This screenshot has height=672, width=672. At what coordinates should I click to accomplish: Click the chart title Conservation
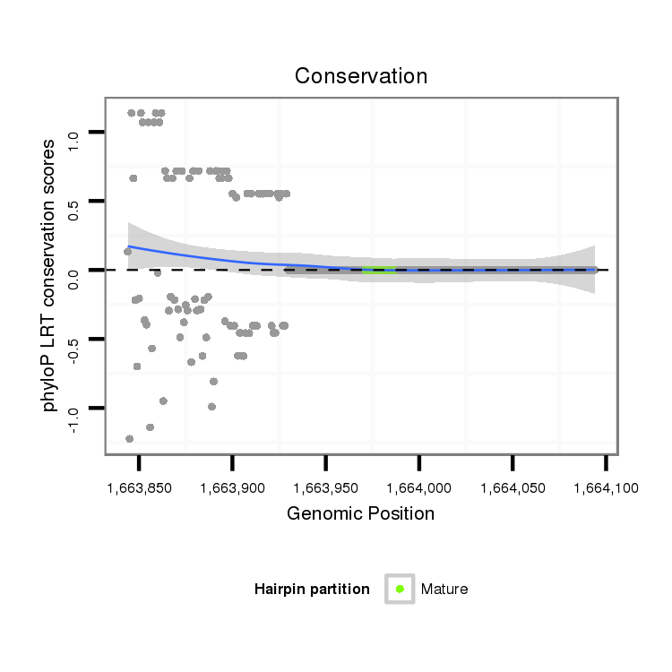click(x=360, y=76)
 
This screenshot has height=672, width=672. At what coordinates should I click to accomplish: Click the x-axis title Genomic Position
click(x=360, y=513)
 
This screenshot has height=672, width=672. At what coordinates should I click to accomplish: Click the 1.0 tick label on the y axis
click(x=73, y=133)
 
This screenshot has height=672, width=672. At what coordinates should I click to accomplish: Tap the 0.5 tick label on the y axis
click(x=73, y=202)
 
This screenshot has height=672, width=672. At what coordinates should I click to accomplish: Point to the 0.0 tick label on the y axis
click(x=73, y=271)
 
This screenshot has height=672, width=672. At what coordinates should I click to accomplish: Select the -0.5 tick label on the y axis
click(x=73, y=340)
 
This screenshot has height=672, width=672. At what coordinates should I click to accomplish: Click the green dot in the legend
click(x=400, y=589)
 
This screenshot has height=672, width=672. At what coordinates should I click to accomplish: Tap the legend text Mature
click(x=444, y=590)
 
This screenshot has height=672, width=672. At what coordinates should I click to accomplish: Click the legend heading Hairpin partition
click(x=312, y=590)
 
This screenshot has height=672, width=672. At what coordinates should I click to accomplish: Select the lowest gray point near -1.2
click(x=130, y=438)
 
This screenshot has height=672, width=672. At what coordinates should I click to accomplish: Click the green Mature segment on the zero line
click(x=378, y=270)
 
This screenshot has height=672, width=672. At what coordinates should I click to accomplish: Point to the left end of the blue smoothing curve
click(x=129, y=246)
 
